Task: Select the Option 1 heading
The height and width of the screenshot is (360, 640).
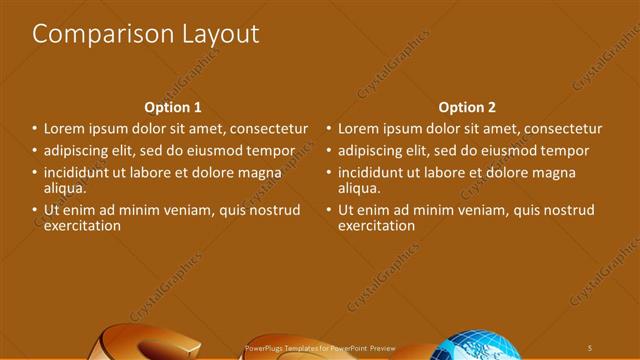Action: pos(173,108)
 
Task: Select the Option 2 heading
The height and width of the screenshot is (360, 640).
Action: pos(467,108)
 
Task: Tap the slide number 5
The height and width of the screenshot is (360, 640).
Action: pos(590,346)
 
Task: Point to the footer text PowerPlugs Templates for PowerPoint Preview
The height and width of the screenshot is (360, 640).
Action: pos(321,347)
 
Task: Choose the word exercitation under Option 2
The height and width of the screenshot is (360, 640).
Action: pos(376,226)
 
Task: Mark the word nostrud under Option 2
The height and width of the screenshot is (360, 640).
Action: pos(569,211)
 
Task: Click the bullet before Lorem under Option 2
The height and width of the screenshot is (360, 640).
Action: pos(328,130)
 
